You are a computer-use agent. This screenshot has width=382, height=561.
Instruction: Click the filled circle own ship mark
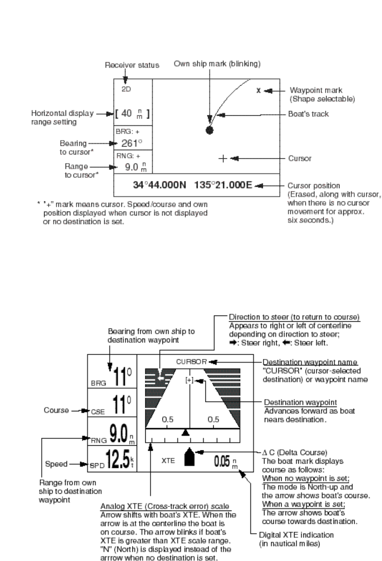(x=210, y=130)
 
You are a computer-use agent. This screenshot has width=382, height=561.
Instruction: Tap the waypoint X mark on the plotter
(x=258, y=91)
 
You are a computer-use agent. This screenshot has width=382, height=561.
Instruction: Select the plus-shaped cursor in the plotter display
(x=223, y=158)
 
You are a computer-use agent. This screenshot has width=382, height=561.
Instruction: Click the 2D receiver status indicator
(x=126, y=89)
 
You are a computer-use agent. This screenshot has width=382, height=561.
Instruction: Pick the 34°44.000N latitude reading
(x=159, y=185)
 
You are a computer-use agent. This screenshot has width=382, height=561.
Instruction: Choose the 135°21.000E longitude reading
(x=223, y=185)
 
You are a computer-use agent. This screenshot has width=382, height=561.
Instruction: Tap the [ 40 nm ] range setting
(x=132, y=114)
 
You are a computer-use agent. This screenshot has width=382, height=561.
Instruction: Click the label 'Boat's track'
(x=308, y=114)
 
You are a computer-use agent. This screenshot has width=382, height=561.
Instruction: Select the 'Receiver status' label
(x=132, y=65)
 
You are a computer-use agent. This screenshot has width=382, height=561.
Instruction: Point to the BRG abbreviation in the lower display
(x=98, y=383)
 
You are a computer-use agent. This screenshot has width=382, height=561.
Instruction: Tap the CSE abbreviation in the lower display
(x=98, y=412)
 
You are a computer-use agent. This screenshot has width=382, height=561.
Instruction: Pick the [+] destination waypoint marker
(x=189, y=380)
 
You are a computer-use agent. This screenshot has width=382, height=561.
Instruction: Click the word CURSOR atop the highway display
(x=191, y=362)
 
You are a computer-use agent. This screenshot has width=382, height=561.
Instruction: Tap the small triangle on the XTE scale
(x=186, y=432)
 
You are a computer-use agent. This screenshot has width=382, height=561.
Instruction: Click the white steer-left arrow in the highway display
(x=160, y=377)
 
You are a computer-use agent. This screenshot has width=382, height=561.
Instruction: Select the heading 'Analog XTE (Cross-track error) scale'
(x=164, y=507)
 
